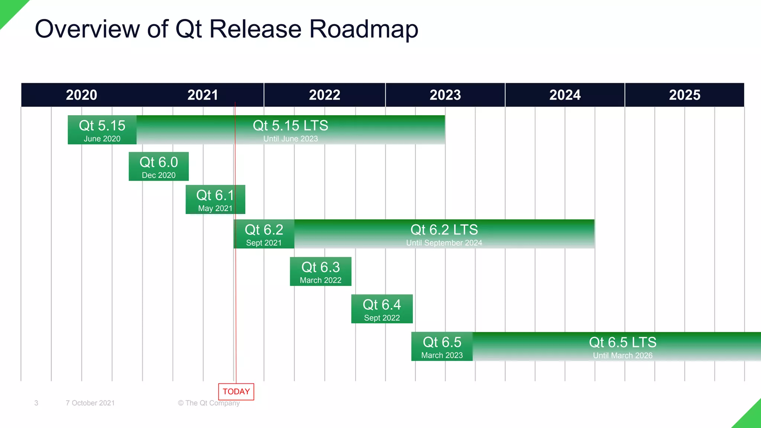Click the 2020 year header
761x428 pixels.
(81, 95)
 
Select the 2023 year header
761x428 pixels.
(445, 95)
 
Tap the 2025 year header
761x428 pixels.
(684, 95)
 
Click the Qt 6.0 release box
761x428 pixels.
(159, 166)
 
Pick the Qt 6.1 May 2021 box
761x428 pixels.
(215, 200)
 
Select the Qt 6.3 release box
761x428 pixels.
(320, 272)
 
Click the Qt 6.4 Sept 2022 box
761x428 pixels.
(382, 309)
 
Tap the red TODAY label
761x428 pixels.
(236, 392)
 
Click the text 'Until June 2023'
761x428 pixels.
(291, 139)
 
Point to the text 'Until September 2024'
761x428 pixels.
(444, 243)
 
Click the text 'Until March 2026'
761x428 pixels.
(622, 356)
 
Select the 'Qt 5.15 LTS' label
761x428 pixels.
(291, 126)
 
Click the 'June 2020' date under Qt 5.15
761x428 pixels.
(102, 139)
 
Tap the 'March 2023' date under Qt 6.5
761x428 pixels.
(442, 356)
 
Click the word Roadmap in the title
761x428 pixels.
(364, 29)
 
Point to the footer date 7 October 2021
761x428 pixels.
(90, 403)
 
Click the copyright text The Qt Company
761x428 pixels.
(209, 403)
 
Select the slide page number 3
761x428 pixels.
(36, 403)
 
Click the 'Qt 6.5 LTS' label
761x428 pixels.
(622, 342)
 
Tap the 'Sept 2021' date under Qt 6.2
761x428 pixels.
(264, 243)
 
